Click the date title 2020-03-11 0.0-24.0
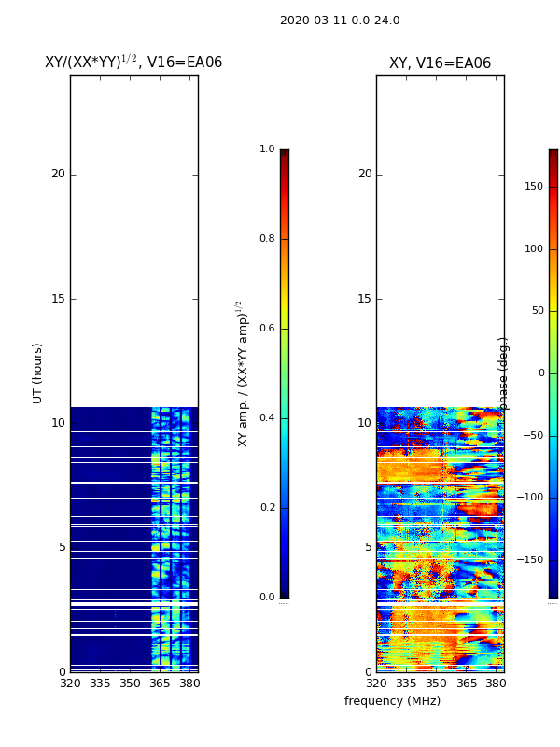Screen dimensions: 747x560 (340, 21)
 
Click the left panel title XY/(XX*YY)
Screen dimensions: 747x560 (133, 63)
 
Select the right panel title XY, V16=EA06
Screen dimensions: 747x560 (440, 63)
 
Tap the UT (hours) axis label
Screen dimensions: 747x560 (38, 373)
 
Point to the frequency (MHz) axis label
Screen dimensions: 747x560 (392, 701)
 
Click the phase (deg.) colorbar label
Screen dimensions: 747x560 (504, 373)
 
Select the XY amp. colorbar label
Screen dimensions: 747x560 (243, 373)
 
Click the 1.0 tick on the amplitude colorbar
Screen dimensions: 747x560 (267, 149)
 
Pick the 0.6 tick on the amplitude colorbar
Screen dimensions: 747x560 (267, 329)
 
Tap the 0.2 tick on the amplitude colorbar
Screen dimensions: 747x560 (267, 508)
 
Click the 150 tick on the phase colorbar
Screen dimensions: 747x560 (533, 187)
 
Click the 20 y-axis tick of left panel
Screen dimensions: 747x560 (58, 174)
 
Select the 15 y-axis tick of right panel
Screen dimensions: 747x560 (365, 299)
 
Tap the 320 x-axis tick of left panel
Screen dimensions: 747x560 (70, 684)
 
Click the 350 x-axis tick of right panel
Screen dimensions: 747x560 (436, 684)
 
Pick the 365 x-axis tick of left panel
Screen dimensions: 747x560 (160, 684)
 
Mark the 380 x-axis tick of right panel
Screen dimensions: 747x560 (496, 684)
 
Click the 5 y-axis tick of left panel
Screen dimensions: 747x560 (62, 547)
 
